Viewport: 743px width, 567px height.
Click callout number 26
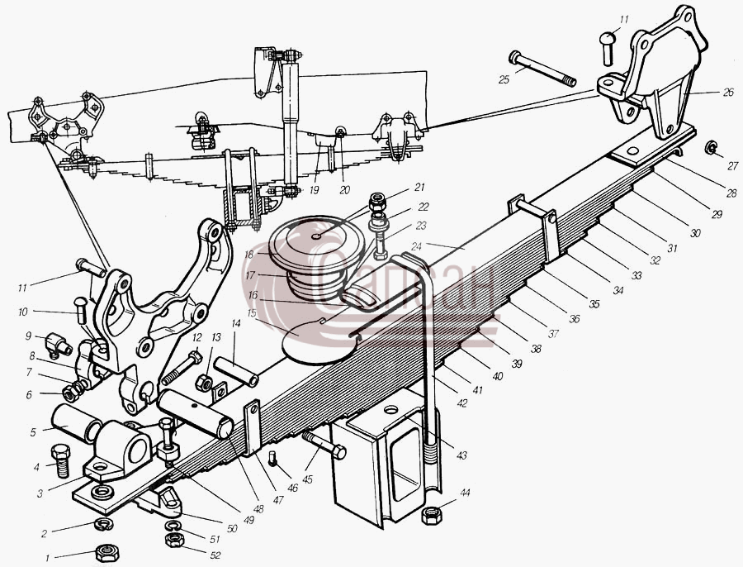click(x=728, y=93)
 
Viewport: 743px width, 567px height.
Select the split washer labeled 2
click(x=101, y=524)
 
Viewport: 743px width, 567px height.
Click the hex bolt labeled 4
click(x=60, y=460)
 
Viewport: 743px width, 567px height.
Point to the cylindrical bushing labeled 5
click(x=76, y=423)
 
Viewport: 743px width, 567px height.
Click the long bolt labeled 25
click(x=542, y=69)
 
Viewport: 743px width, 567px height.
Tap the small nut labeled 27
click(x=710, y=147)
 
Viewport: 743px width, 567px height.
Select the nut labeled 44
click(x=431, y=515)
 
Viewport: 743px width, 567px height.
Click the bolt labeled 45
click(x=324, y=444)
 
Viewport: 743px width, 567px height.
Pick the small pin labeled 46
click(x=273, y=457)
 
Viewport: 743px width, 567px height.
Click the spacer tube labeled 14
click(x=236, y=372)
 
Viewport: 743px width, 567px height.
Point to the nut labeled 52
click(x=174, y=540)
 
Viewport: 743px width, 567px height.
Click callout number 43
click(x=461, y=455)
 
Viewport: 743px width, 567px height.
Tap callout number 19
click(x=314, y=190)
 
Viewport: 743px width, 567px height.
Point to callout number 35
click(x=594, y=304)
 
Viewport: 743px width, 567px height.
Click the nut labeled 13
click(x=204, y=383)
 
